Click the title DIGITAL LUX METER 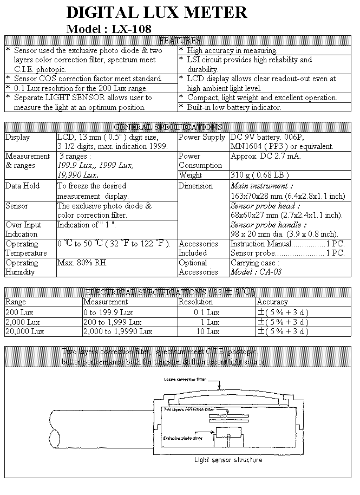[x=156, y=12]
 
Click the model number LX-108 [x=132, y=29]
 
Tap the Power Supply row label [x=202, y=137]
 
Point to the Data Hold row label [x=23, y=186]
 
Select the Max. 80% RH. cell [x=83, y=263]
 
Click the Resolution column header [x=196, y=302]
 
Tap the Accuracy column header [x=272, y=302]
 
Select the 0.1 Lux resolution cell [x=206, y=312]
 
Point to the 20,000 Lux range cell [x=25, y=331]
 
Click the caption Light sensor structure [x=228, y=460]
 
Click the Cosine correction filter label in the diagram [x=187, y=380]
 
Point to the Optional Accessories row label [x=198, y=267]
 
